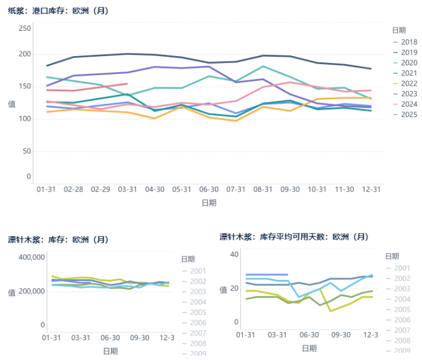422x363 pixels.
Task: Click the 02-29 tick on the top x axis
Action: [x=101, y=189]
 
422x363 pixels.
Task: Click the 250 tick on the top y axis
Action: [x=25, y=29]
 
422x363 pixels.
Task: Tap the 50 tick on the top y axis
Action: [x=27, y=151]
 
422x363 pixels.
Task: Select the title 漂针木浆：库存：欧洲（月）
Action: [x=57, y=240]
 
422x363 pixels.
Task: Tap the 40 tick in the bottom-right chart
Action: [x=234, y=254]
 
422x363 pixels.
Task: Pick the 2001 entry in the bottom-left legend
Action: [x=198, y=271]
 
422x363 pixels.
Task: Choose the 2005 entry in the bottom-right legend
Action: [x=402, y=309]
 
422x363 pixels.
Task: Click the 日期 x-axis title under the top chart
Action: [x=209, y=202]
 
